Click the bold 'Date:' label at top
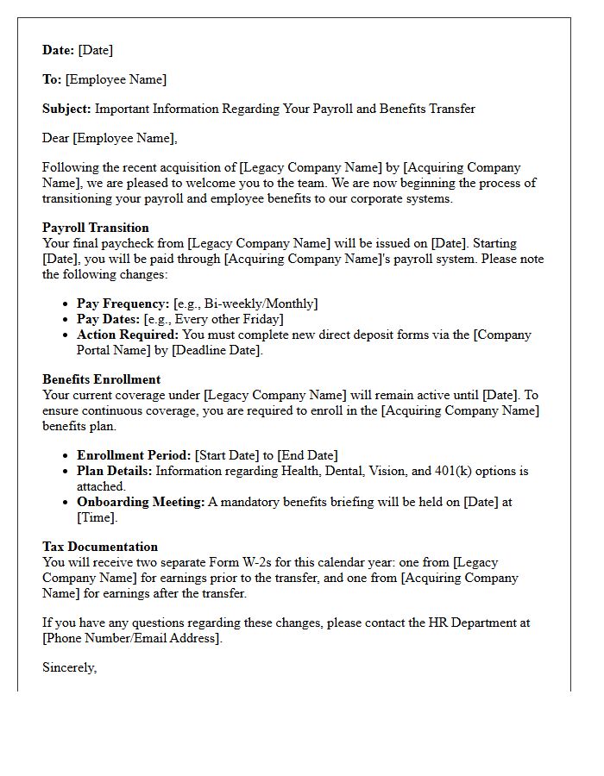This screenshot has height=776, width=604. tap(58, 50)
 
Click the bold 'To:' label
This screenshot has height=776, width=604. tap(52, 79)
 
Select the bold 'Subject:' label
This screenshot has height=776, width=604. tap(66, 109)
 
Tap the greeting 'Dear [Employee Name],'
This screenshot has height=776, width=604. tap(110, 138)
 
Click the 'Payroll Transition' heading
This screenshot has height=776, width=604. tap(96, 228)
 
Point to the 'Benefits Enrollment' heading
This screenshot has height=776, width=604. tap(101, 379)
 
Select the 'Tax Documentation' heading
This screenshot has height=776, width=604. tap(100, 547)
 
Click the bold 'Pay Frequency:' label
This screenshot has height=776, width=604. tap(123, 304)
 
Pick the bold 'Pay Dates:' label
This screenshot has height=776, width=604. tap(108, 319)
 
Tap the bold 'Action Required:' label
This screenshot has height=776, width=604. tap(128, 335)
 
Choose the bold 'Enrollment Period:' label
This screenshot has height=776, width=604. tap(134, 455)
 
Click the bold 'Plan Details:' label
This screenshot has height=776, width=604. tap(114, 471)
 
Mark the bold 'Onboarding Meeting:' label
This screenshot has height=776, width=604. tap(141, 502)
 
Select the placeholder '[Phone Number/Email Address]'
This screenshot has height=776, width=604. tap(132, 638)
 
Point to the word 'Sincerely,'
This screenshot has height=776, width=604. tap(69, 667)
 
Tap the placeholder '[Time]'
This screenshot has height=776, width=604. tap(97, 517)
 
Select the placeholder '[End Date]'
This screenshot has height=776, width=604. tap(307, 455)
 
